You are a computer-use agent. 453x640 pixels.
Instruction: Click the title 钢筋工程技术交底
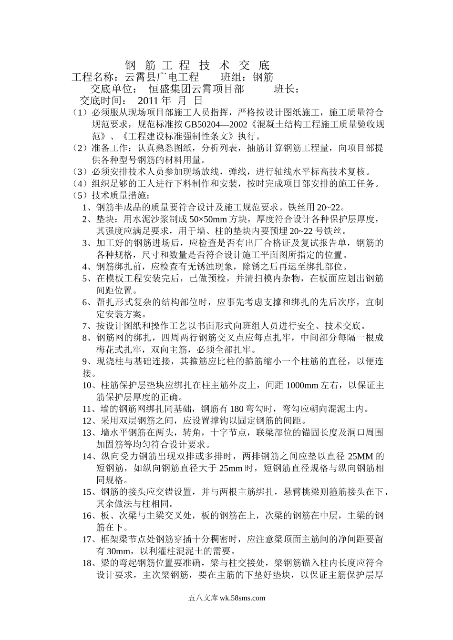coord(197,65)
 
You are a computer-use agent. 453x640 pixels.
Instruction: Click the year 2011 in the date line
coord(148,101)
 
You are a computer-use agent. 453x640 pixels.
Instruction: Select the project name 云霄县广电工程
coord(161,77)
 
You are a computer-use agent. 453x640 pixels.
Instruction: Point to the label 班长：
coord(287,89)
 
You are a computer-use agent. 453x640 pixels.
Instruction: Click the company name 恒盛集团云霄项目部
coord(196,89)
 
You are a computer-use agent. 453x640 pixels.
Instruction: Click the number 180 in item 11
coord(237,409)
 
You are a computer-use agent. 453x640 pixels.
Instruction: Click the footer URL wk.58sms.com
coord(242,599)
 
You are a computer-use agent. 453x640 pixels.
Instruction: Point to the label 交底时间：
coord(103,101)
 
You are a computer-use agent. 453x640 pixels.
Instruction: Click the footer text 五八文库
coord(203,599)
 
